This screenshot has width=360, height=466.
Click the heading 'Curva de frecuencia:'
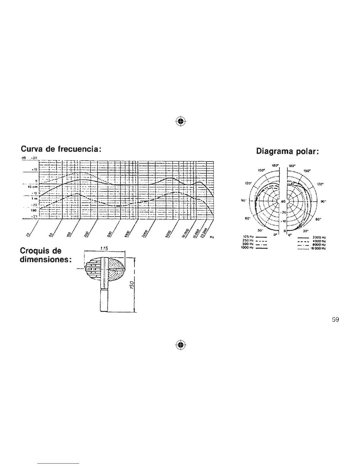(61, 149)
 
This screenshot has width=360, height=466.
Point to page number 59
(335, 320)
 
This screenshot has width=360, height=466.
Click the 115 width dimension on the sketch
(104, 249)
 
